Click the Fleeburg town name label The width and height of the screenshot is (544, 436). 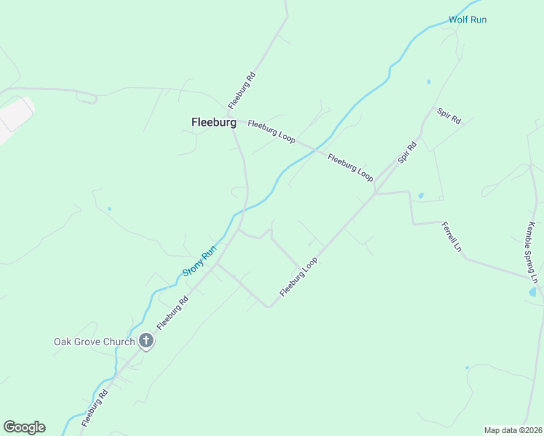click(213, 123)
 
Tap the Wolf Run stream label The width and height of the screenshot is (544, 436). click(467, 20)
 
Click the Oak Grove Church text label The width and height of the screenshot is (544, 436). click(95, 342)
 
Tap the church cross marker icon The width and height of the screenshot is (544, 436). click(146, 340)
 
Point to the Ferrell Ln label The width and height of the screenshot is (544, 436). click(451, 238)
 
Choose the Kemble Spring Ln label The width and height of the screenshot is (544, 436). click(533, 253)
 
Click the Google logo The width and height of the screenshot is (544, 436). click(24, 427)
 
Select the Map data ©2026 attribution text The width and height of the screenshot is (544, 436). click(513, 429)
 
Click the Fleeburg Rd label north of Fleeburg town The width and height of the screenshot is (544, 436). click(242, 89)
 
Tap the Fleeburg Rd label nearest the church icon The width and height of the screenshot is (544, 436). click(172, 312)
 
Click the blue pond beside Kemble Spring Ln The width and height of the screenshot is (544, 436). click(533, 292)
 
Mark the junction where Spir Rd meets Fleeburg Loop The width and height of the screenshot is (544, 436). click(375, 193)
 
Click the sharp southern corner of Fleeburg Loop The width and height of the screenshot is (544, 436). click(268, 306)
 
